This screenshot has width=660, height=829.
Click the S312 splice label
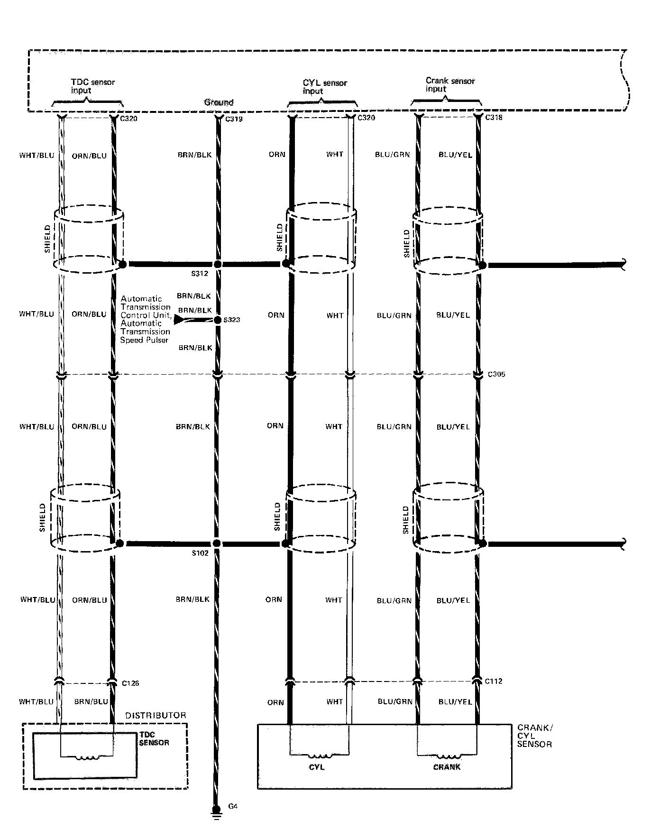200,274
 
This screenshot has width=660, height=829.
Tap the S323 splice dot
218,320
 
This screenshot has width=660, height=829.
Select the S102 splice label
200,553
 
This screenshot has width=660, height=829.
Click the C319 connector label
234,119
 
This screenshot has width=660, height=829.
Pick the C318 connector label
494,118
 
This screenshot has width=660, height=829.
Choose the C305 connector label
496,374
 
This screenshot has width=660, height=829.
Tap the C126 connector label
130,683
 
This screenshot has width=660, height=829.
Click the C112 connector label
494,681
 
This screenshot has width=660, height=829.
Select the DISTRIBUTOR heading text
156,715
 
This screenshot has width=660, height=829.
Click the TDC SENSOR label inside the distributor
154,738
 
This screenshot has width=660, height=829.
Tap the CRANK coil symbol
447,757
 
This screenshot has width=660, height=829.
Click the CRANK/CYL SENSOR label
535,736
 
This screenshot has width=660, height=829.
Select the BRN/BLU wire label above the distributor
91,701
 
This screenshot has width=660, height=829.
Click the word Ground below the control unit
219,102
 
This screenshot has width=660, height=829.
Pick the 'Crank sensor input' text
449,85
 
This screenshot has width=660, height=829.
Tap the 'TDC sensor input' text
92,86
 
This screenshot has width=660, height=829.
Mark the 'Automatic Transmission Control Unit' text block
145,319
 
